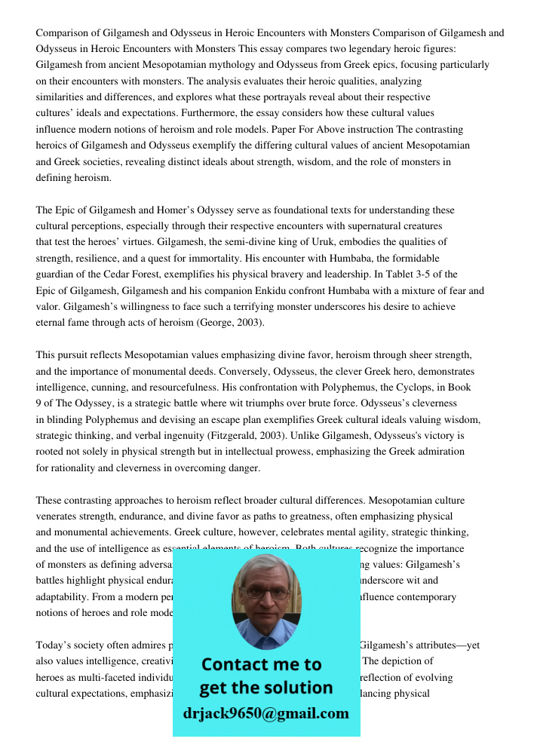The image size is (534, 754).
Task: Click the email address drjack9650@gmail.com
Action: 265,713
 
